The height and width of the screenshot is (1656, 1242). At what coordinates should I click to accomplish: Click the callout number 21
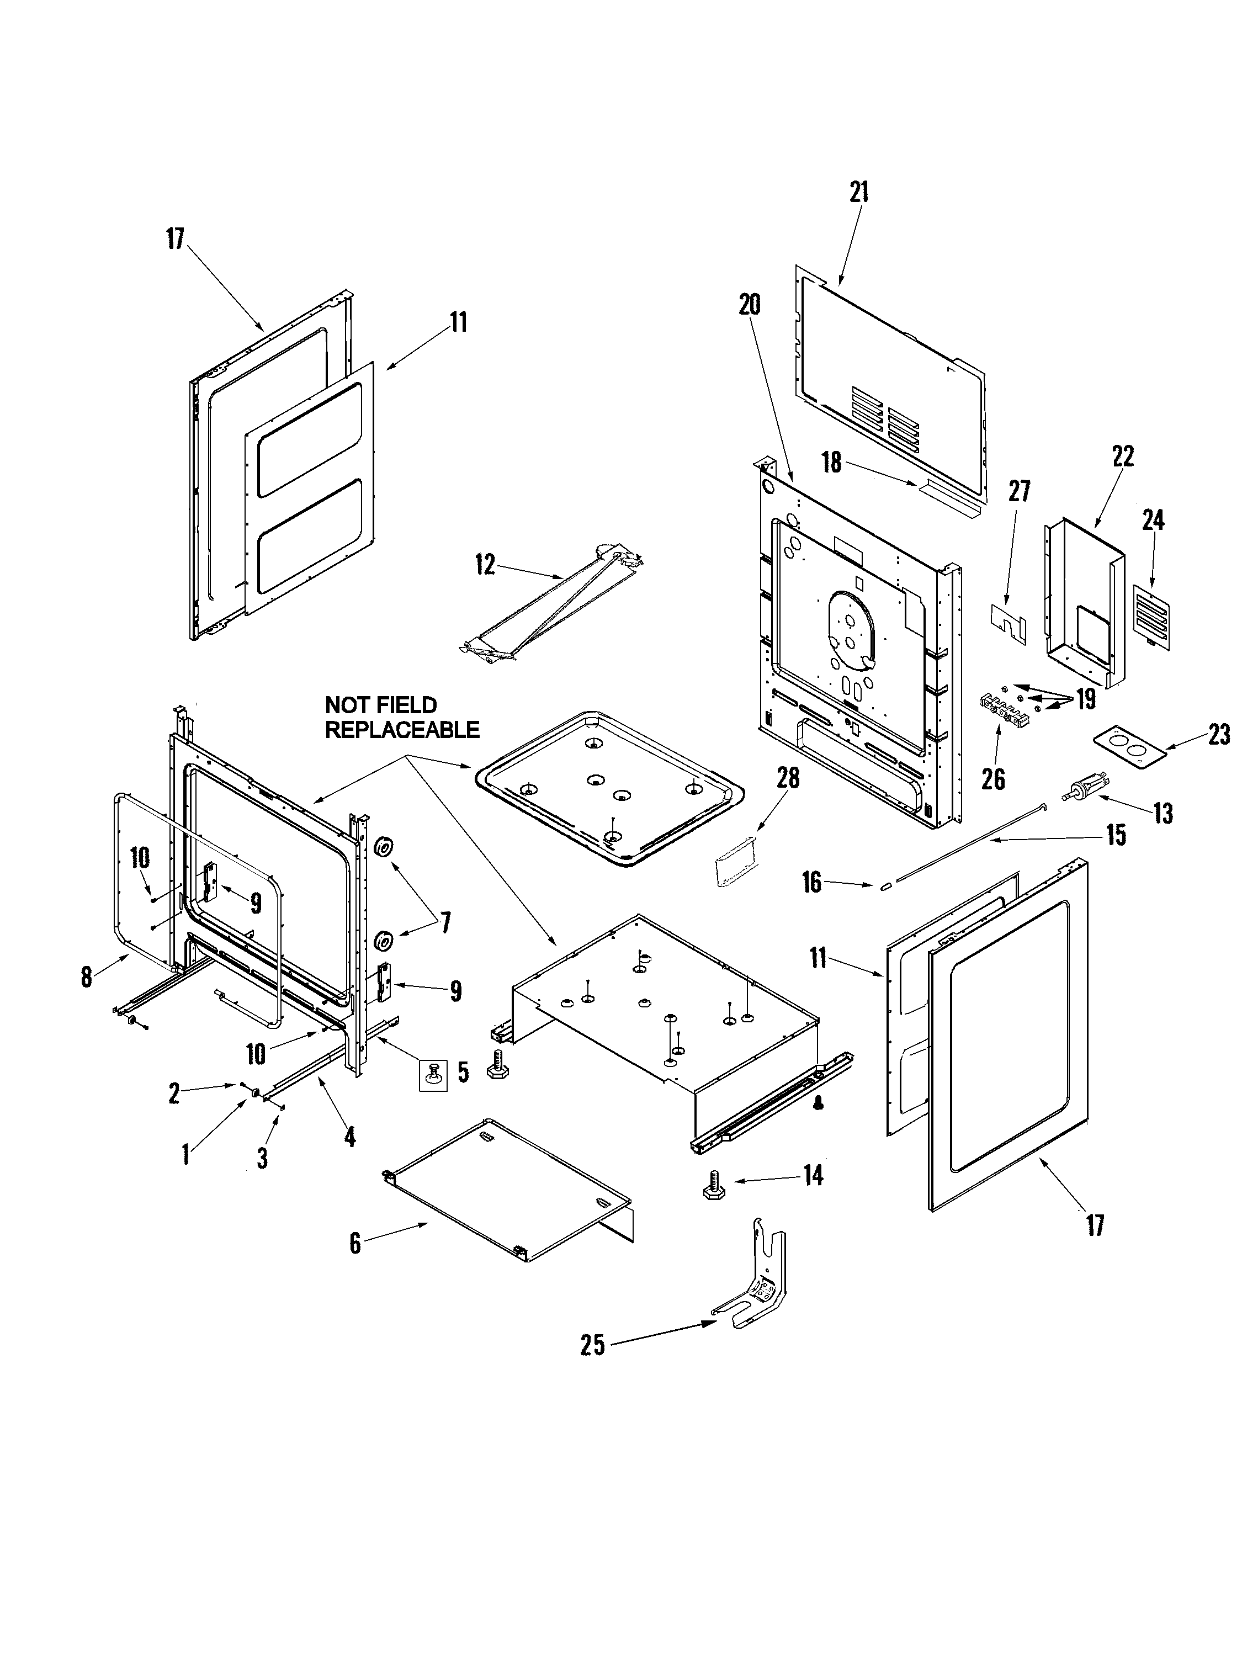[x=859, y=193]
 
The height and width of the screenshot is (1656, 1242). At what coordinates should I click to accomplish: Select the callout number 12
[x=485, y=565]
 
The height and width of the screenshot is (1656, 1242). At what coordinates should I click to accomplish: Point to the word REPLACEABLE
[x=402, y=729]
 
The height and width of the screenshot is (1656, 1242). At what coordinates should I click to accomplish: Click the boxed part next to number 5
[x=432, y=1076]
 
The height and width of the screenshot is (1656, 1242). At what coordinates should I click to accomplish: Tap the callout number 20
[x=750, y=305]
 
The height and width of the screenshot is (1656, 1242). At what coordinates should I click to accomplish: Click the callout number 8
[x=87, y=976]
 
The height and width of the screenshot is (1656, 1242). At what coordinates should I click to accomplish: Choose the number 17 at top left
[x=174, y=240]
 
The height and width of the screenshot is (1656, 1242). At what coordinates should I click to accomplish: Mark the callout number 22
[x=1123, y=456]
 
